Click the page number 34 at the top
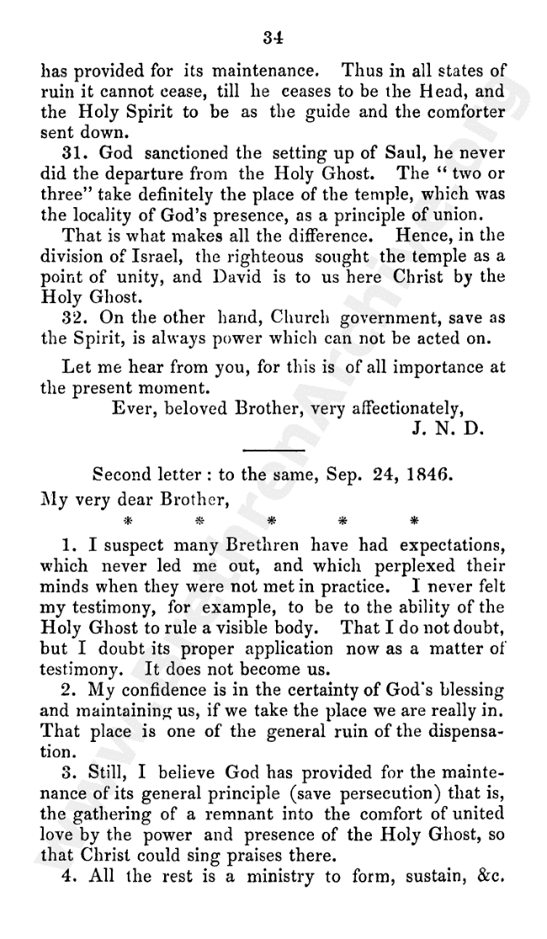[272, 36]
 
